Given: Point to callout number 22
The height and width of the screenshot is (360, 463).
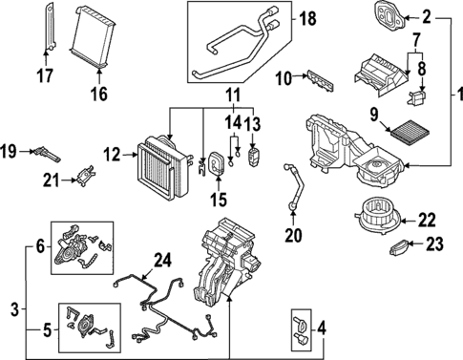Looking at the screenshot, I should pyautogui.click(x=428, y=219).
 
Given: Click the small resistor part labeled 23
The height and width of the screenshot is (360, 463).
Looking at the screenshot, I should pyautogui.click(x=398, y=248).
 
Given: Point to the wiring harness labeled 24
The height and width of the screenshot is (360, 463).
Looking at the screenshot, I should pyautogui.click(x=167, y=306).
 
